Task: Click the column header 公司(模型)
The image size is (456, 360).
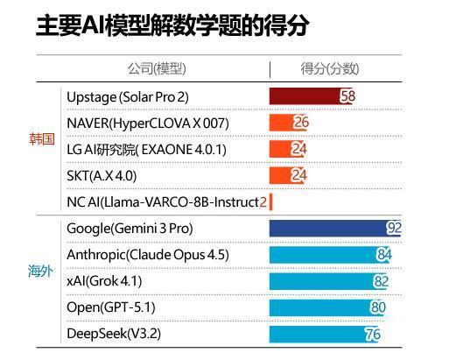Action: [157, 68]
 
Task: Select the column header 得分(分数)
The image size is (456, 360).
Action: [329, 68]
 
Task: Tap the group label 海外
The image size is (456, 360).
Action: [42, 271]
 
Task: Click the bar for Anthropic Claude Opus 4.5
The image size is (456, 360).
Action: [324, 255]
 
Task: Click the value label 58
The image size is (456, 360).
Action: [347, 96]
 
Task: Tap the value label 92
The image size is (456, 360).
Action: [394, 229]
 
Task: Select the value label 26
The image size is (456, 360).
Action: [301, 123]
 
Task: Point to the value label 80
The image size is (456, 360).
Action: [377, 307]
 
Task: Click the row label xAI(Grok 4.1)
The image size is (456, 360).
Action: [104, 281]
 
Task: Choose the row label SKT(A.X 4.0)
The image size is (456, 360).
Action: [102, 175]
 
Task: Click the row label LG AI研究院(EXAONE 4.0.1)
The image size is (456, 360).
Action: [146, 149]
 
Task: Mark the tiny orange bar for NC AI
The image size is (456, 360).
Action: [271, 201]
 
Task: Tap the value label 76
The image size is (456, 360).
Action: [372, 334]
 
